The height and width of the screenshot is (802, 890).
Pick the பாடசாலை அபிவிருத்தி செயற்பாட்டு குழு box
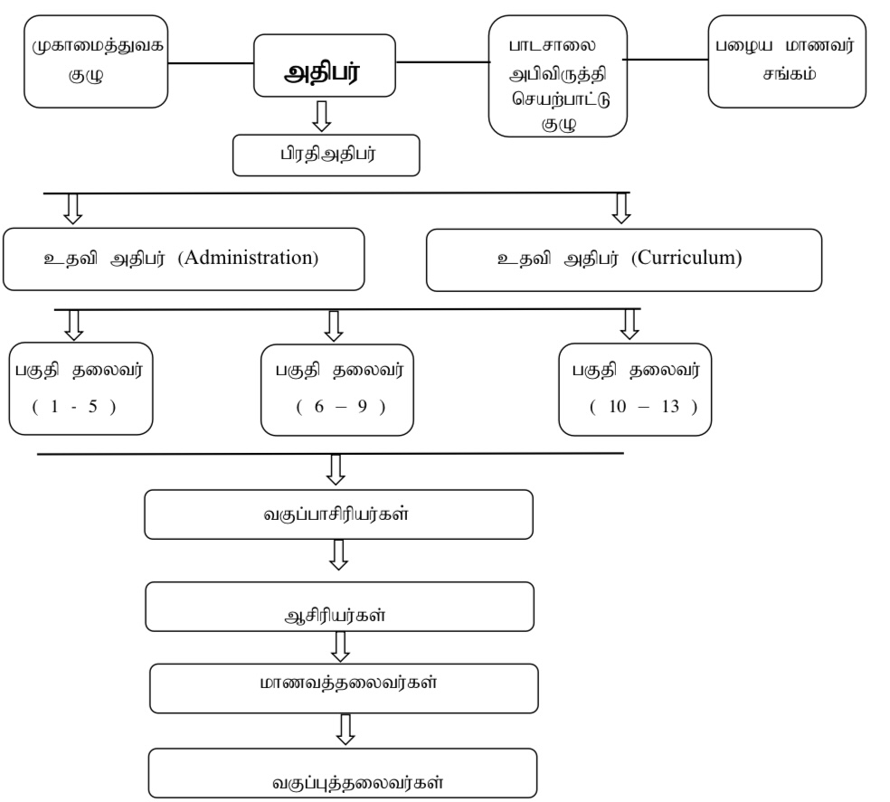(x=556, y=75)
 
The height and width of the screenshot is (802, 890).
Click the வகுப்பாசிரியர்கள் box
(x=338, y=516)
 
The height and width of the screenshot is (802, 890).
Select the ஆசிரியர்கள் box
(x=338, y=606)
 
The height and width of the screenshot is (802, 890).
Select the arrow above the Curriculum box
(x=621, y=208)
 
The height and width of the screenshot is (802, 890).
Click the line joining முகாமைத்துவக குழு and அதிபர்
(x=213, y=63)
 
